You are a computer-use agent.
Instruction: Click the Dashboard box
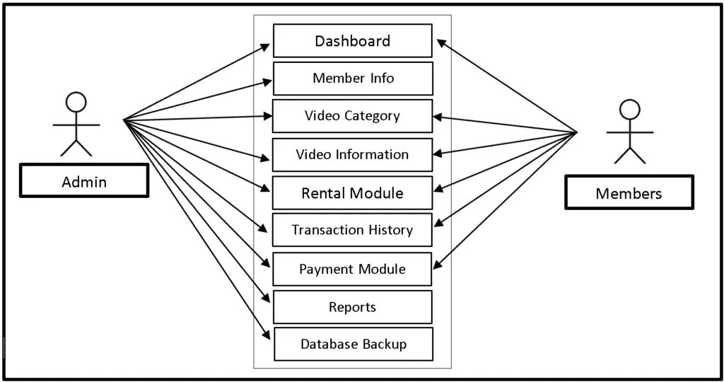[352, 41]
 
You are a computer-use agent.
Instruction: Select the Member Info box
[352, 79]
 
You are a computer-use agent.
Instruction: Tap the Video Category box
[352, 116]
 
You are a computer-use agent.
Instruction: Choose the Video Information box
[352, 155]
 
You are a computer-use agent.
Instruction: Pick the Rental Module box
[352, 193]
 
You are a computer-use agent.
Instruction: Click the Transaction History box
[352, 230]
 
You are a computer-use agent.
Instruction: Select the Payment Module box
[352, 269]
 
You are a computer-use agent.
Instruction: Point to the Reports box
[352, 307]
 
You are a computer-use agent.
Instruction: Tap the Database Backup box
[352, 345]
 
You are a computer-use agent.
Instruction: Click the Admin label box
[84, 181]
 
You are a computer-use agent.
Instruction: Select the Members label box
[629, 192]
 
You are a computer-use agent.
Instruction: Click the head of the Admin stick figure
[76, 103]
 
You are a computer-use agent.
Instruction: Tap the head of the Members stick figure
[629, 110]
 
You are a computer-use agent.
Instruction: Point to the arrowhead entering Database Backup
[267, 336]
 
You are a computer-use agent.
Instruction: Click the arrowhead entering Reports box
[267, 299]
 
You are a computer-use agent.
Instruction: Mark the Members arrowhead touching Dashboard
[440, 42]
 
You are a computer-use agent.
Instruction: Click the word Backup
[385, 345]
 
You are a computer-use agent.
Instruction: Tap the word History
[390, 230]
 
